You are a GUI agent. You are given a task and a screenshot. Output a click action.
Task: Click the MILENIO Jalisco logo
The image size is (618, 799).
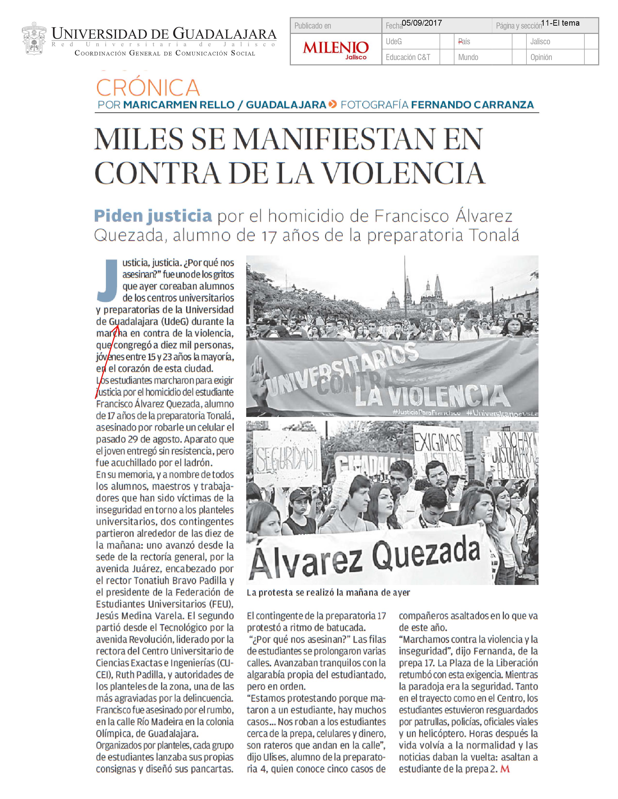point(335,49)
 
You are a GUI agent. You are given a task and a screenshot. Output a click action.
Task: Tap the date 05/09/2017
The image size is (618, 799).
point(422,23)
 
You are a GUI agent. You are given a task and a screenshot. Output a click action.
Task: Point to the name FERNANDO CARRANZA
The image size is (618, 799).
point(472,105)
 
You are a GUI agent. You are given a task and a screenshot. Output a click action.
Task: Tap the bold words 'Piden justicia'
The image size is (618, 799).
point(153,216)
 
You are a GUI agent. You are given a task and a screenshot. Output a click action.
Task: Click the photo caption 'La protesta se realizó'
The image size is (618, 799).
point(328,593)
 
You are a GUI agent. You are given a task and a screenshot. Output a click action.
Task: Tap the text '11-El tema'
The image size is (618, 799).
point(560,23)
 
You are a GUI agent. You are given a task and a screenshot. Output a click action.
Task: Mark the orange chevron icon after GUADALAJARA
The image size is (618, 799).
point(333,105)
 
